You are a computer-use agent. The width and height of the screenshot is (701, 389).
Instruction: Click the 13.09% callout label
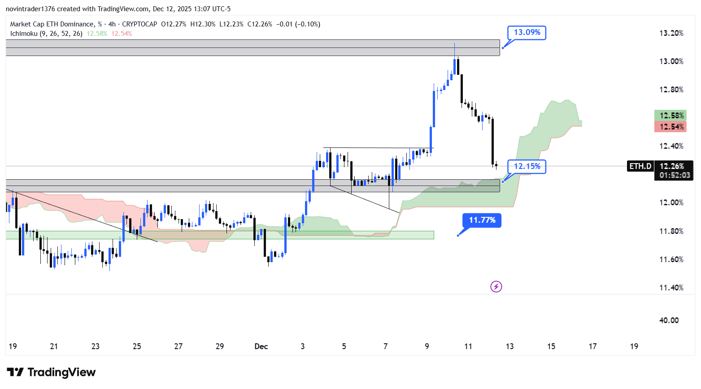click(527, 32)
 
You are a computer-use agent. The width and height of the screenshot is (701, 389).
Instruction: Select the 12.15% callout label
click(527, 166)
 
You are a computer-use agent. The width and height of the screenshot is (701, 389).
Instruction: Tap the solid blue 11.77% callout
click(482, 220)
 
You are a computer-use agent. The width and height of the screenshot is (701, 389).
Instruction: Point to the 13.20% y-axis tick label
click(671, 33)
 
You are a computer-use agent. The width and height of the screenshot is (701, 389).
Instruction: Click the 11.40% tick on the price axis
click(671, 288)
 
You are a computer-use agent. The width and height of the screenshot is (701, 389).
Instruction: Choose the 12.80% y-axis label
click(671, 90)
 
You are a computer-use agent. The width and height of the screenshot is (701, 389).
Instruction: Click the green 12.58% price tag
click(671, 116)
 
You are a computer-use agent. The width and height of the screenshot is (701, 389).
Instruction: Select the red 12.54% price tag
click(671, 127)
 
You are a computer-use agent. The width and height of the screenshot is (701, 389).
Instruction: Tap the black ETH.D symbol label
click(640, 166)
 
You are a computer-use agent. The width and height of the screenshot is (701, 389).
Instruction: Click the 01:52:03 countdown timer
click(674, 175)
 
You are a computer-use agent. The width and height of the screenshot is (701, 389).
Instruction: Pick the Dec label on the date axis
click(261, 346)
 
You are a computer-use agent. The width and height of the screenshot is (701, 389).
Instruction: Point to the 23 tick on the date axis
click(96, 346)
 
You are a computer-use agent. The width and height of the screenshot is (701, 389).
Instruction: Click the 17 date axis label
click(592, 346)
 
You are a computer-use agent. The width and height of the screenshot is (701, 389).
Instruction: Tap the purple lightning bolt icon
click(496, 286)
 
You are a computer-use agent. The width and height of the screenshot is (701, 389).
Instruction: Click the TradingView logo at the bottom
click(51, 372)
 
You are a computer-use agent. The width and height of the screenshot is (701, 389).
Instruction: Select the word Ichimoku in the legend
click(24, 34)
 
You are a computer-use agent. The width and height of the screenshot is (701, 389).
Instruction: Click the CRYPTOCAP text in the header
click(139, 24)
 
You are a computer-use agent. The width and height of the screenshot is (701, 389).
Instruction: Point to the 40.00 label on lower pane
click(669, 320)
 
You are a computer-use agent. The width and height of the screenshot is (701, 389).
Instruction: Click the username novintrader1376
click(30, 9)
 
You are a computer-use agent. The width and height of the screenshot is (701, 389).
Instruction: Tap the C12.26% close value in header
click(260, 24)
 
